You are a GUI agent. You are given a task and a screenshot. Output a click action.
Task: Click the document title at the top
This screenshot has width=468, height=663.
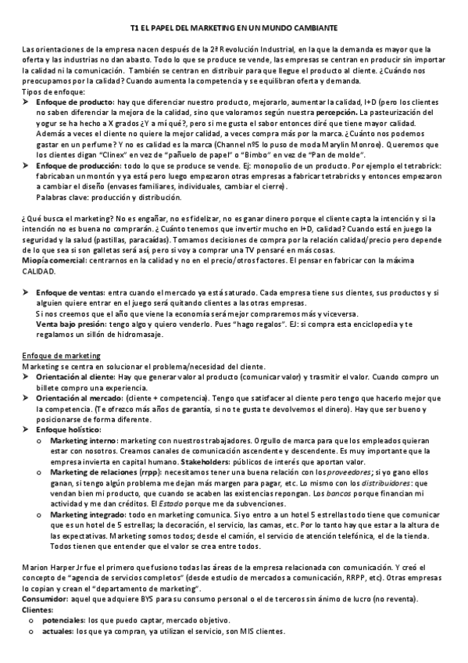234,27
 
